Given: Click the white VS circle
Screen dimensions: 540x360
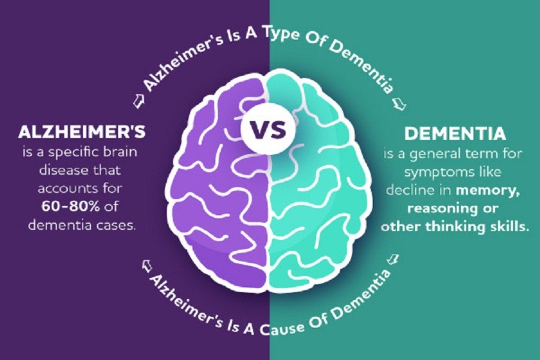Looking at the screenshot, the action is point(268,131).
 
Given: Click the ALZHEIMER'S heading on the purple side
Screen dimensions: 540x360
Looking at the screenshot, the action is point(82,132).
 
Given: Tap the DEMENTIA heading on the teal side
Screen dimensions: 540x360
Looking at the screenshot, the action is point(455,134).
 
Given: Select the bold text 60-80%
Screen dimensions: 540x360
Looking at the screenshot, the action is point(71,206).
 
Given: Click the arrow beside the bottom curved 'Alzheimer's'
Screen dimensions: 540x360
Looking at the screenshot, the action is point(147,265).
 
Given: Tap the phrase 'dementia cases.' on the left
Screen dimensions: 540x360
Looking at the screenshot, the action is point(81,225).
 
